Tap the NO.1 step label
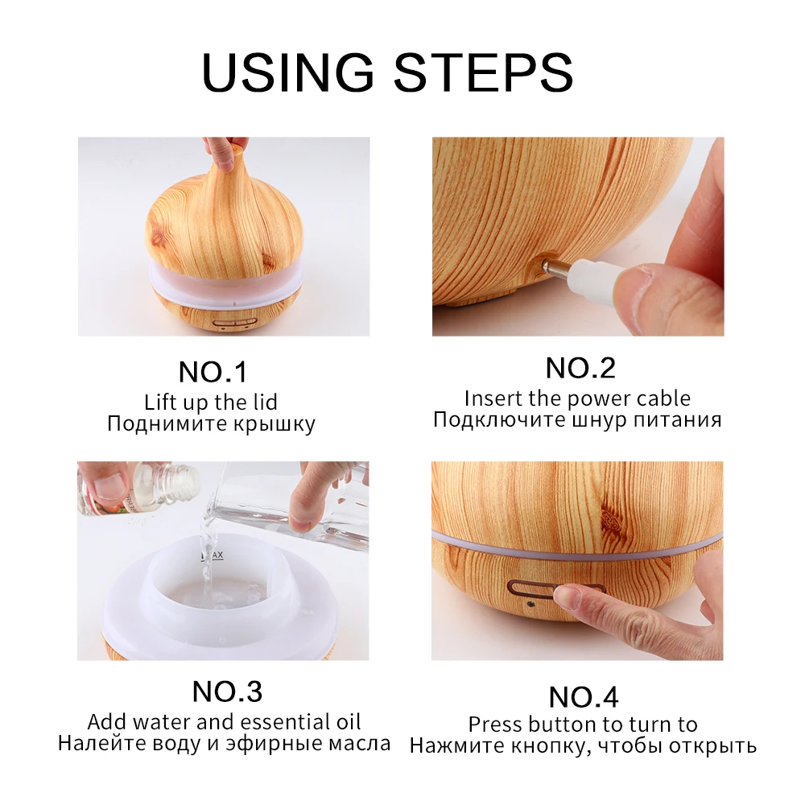tap(213, 372)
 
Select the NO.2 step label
tap(580, 368)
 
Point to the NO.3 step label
tap(227, 691)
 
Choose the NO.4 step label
tap(583, 696)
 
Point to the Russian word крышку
tap(275, 424)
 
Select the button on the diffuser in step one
tap(234, 324)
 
